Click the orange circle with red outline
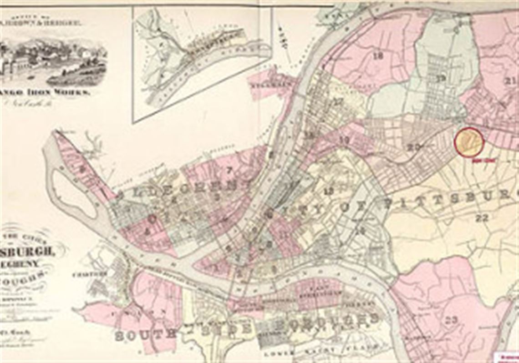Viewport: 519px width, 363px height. (468, 142)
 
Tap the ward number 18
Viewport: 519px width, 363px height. (377, 56)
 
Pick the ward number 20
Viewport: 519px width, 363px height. (413, 146)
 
